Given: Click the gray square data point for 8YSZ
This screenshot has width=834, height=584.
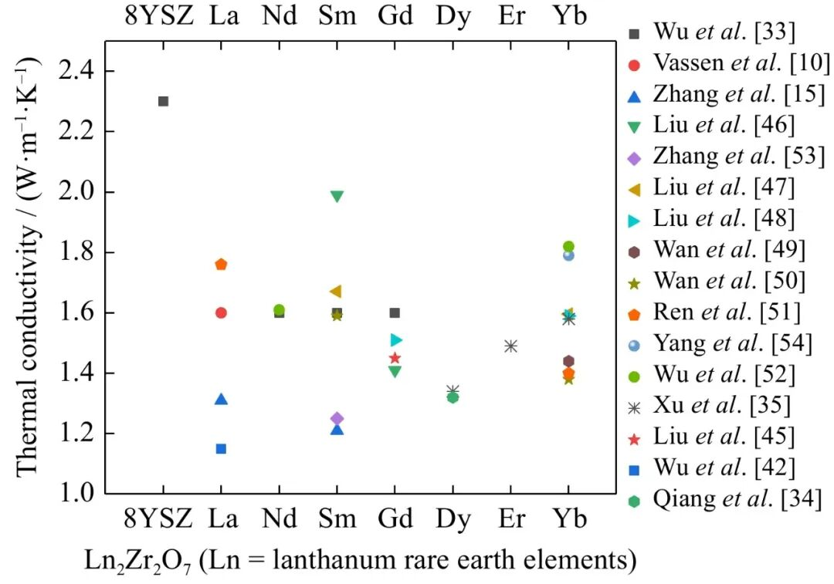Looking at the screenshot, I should click(163, 101).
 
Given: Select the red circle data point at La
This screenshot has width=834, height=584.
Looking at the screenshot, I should click(221, 312).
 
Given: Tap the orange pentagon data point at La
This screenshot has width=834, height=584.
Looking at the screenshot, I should click(221, 264).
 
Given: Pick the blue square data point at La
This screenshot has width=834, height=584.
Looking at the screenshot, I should click(221, 448).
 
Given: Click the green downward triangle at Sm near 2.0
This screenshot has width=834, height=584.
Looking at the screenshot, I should click(337, 196).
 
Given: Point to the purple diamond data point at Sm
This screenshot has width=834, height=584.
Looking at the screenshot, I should click(337, 418).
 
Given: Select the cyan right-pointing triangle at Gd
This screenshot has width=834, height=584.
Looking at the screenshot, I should click(395, 339).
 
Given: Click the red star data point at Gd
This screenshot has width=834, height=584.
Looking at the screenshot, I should click(395, 358).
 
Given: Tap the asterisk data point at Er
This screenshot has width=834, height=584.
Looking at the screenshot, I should click(510, 346).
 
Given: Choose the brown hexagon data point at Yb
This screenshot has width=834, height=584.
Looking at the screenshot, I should click(568, 361).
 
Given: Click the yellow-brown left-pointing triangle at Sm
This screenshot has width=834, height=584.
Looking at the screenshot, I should click(335, 291).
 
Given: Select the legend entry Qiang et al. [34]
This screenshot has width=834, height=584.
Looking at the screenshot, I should click(723, 499).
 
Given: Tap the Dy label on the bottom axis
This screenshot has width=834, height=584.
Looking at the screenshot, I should click(453, 518).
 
